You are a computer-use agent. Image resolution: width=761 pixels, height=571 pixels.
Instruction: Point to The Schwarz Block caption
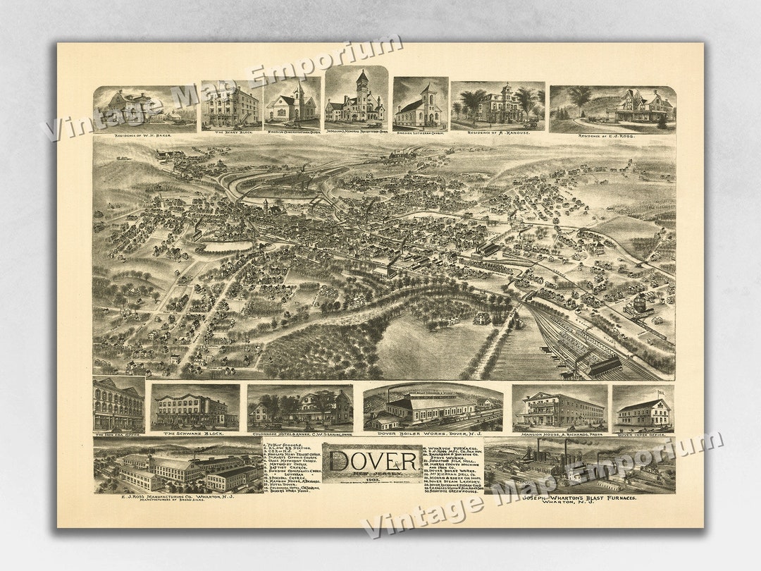pos(195,434)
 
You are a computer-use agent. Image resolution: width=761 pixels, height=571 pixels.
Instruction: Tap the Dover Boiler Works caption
pos(433,434)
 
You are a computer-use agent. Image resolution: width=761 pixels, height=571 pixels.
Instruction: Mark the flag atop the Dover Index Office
pos(660,393)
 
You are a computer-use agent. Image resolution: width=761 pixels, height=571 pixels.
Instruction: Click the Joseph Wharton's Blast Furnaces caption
pos(579,498)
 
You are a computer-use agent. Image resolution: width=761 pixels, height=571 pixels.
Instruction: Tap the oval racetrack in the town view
pos(278,186)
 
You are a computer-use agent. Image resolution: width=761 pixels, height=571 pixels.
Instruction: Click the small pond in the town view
pos(227,246)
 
